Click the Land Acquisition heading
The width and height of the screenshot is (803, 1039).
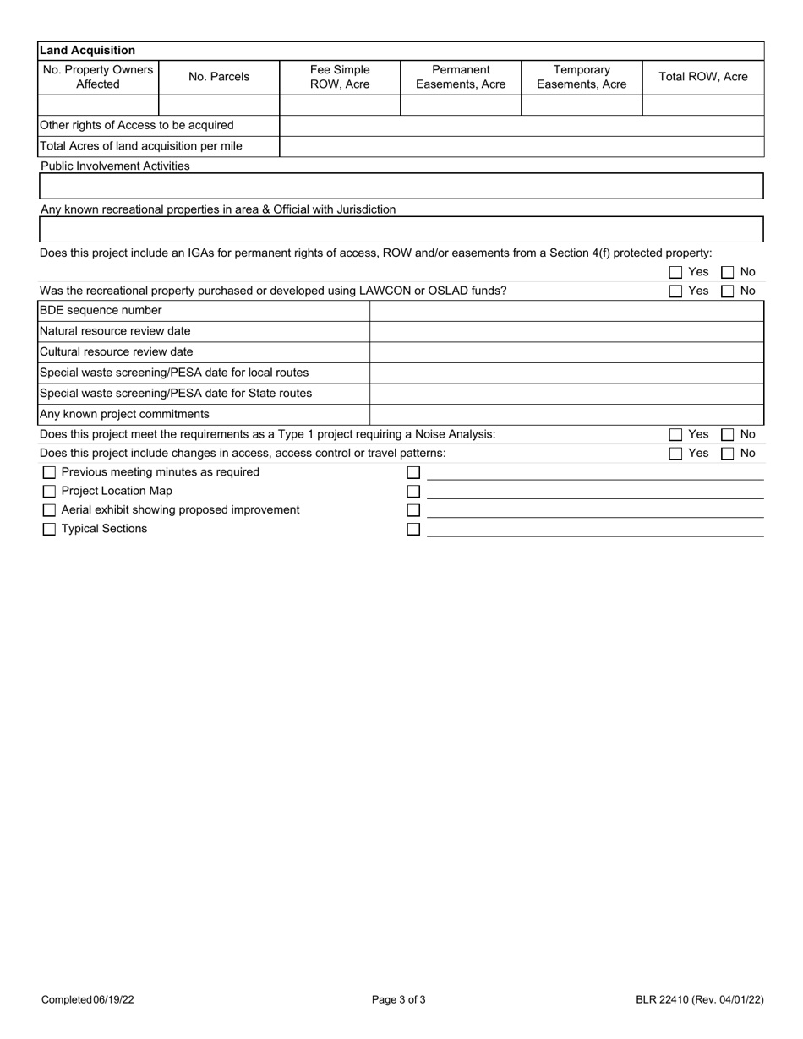pyautogui.click(x=87, y=51)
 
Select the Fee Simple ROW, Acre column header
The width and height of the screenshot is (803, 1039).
pyautogui.click(x=340, y=77)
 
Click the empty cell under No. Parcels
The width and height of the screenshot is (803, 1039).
pyautogui.click(x=219, y=105)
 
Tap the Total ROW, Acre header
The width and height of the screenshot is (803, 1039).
pyautogui.click(x=702, y=77)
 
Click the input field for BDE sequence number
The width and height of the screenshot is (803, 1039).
pyautogui.click(x=566, y=311)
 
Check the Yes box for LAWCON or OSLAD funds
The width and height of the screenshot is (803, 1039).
pyautogui.click(x=675, y=291)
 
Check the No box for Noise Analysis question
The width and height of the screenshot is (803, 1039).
pyautogui.click(x=727, y=435)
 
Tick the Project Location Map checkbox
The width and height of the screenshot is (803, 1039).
pyautogui.click(x=49, y=492)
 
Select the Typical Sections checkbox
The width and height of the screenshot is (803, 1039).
pyautogui.click(x=49, y=530)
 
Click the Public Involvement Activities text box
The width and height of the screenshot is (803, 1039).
pyautogui.click(x=401, y=186)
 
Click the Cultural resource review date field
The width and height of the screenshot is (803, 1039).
pyautogui.click(x=566, y=352)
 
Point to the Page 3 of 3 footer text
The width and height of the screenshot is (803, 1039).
pyautogui.click(x=399, y=1000)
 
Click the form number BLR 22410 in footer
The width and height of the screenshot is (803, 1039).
pyautogui.click(x=700, y=1000)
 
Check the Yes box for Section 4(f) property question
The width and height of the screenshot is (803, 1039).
pyautogui.click(x=675, y=273)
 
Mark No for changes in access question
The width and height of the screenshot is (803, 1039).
pyautogui.click(x=727, y=454)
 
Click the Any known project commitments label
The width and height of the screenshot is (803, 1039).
pyautogui.click(x=124, y=414)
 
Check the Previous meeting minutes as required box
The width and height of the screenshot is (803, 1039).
pyautogui.click(x=49, y=473)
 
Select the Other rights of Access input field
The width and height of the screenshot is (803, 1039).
pyautogui.click(x=521, y=125)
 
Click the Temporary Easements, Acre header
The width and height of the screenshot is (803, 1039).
pyautogui.click(x=582, y=77)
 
